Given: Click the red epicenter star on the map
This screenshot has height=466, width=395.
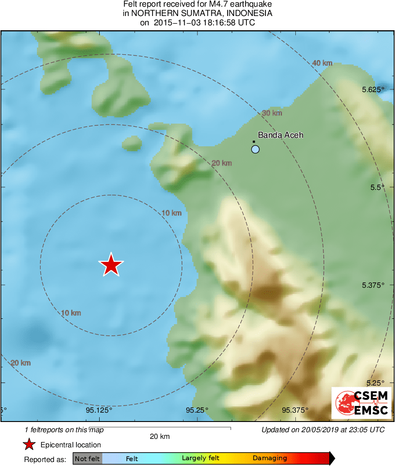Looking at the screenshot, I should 111,265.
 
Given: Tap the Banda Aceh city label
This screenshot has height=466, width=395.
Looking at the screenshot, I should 281,135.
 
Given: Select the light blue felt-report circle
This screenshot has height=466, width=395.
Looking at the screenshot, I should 255,149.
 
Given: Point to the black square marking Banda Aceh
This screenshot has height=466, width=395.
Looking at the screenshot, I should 254,142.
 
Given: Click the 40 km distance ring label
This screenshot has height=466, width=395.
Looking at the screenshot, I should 322,63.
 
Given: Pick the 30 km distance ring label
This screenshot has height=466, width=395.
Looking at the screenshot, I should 272,113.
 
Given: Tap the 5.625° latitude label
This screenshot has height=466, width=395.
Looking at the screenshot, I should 373,89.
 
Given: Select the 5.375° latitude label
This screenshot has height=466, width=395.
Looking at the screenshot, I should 373,285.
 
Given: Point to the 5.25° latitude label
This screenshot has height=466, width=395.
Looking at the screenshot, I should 375,383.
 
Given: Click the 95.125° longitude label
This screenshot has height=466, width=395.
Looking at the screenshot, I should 99,410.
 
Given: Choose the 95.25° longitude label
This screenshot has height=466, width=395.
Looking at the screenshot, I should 197,410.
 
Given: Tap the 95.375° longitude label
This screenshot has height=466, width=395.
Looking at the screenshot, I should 296,410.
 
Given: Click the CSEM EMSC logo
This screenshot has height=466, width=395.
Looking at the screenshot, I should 361,403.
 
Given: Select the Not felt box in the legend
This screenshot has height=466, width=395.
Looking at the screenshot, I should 87,458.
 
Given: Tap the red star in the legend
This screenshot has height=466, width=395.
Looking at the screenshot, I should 29,445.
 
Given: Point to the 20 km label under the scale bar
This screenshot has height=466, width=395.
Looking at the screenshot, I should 160,437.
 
